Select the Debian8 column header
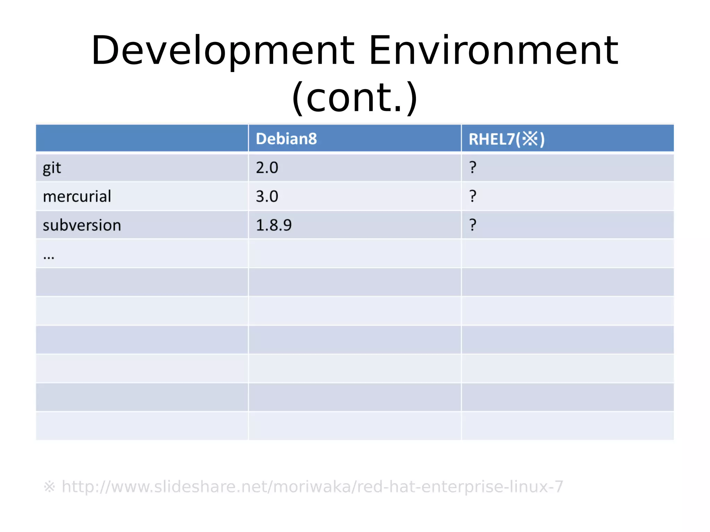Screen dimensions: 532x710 pos(286,139)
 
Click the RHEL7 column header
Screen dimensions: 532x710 pos(506,139)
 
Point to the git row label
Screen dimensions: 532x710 pos(52,168)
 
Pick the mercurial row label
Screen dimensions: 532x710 pos(77,197)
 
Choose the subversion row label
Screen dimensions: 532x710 pos(82,225)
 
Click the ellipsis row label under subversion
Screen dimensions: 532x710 pos(49,257)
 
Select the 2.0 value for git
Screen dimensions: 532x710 pos(267,168)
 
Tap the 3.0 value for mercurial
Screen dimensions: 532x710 pos(267,197)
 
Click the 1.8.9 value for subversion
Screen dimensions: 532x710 pos(274,225)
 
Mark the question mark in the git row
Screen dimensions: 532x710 pos(473,168)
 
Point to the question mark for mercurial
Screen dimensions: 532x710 pos(473,197)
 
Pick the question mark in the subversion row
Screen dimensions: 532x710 pos(473,225)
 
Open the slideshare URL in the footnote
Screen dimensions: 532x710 pos(312,487)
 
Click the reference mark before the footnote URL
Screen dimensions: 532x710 pos(49,487)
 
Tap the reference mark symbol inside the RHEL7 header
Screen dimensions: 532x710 pos(530,139)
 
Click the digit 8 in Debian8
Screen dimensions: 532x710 pos(312,139)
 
